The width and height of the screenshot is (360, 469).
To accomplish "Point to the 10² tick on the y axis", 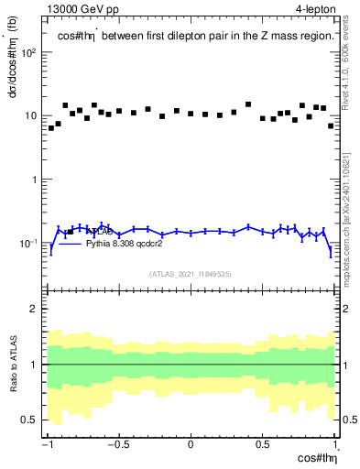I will [x=29, y=52].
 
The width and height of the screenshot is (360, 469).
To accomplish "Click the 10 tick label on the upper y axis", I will [x=30, y=116].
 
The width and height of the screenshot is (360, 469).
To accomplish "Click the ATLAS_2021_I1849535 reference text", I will [x=190, y=273].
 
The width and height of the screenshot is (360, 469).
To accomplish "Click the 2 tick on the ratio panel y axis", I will [x=35, y=309].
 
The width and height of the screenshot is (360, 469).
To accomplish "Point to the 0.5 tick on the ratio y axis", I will [x=30, y=420].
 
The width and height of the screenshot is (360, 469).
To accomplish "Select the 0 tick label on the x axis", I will [x=191, y=445].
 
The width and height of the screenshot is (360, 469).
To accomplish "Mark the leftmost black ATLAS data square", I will [x=51, y=128].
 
